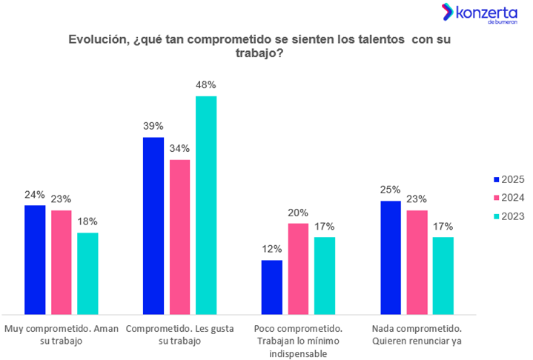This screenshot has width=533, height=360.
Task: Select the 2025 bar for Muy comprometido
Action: coord(35,259)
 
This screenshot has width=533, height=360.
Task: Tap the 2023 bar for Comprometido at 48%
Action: coord(206,204)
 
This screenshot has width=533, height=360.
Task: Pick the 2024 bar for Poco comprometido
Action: coord(299,268)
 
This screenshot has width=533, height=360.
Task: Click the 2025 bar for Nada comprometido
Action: coord(391,257)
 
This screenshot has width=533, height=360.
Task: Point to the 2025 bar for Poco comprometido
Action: coord(272,287)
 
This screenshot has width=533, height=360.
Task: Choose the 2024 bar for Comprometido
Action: coord(179,236)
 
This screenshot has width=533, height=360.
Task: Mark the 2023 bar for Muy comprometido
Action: coord(87,273)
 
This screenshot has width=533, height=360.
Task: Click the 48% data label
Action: coord(206,85)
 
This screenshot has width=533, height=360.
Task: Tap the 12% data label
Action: coord(272,249)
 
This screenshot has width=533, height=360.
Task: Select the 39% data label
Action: coord(153,126)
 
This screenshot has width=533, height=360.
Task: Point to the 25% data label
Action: coord(391,190)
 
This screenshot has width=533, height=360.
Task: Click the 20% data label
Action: coord(299,213)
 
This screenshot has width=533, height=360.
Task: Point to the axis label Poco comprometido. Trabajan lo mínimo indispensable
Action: coord(298,341)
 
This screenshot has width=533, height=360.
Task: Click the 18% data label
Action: coord(87,221)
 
